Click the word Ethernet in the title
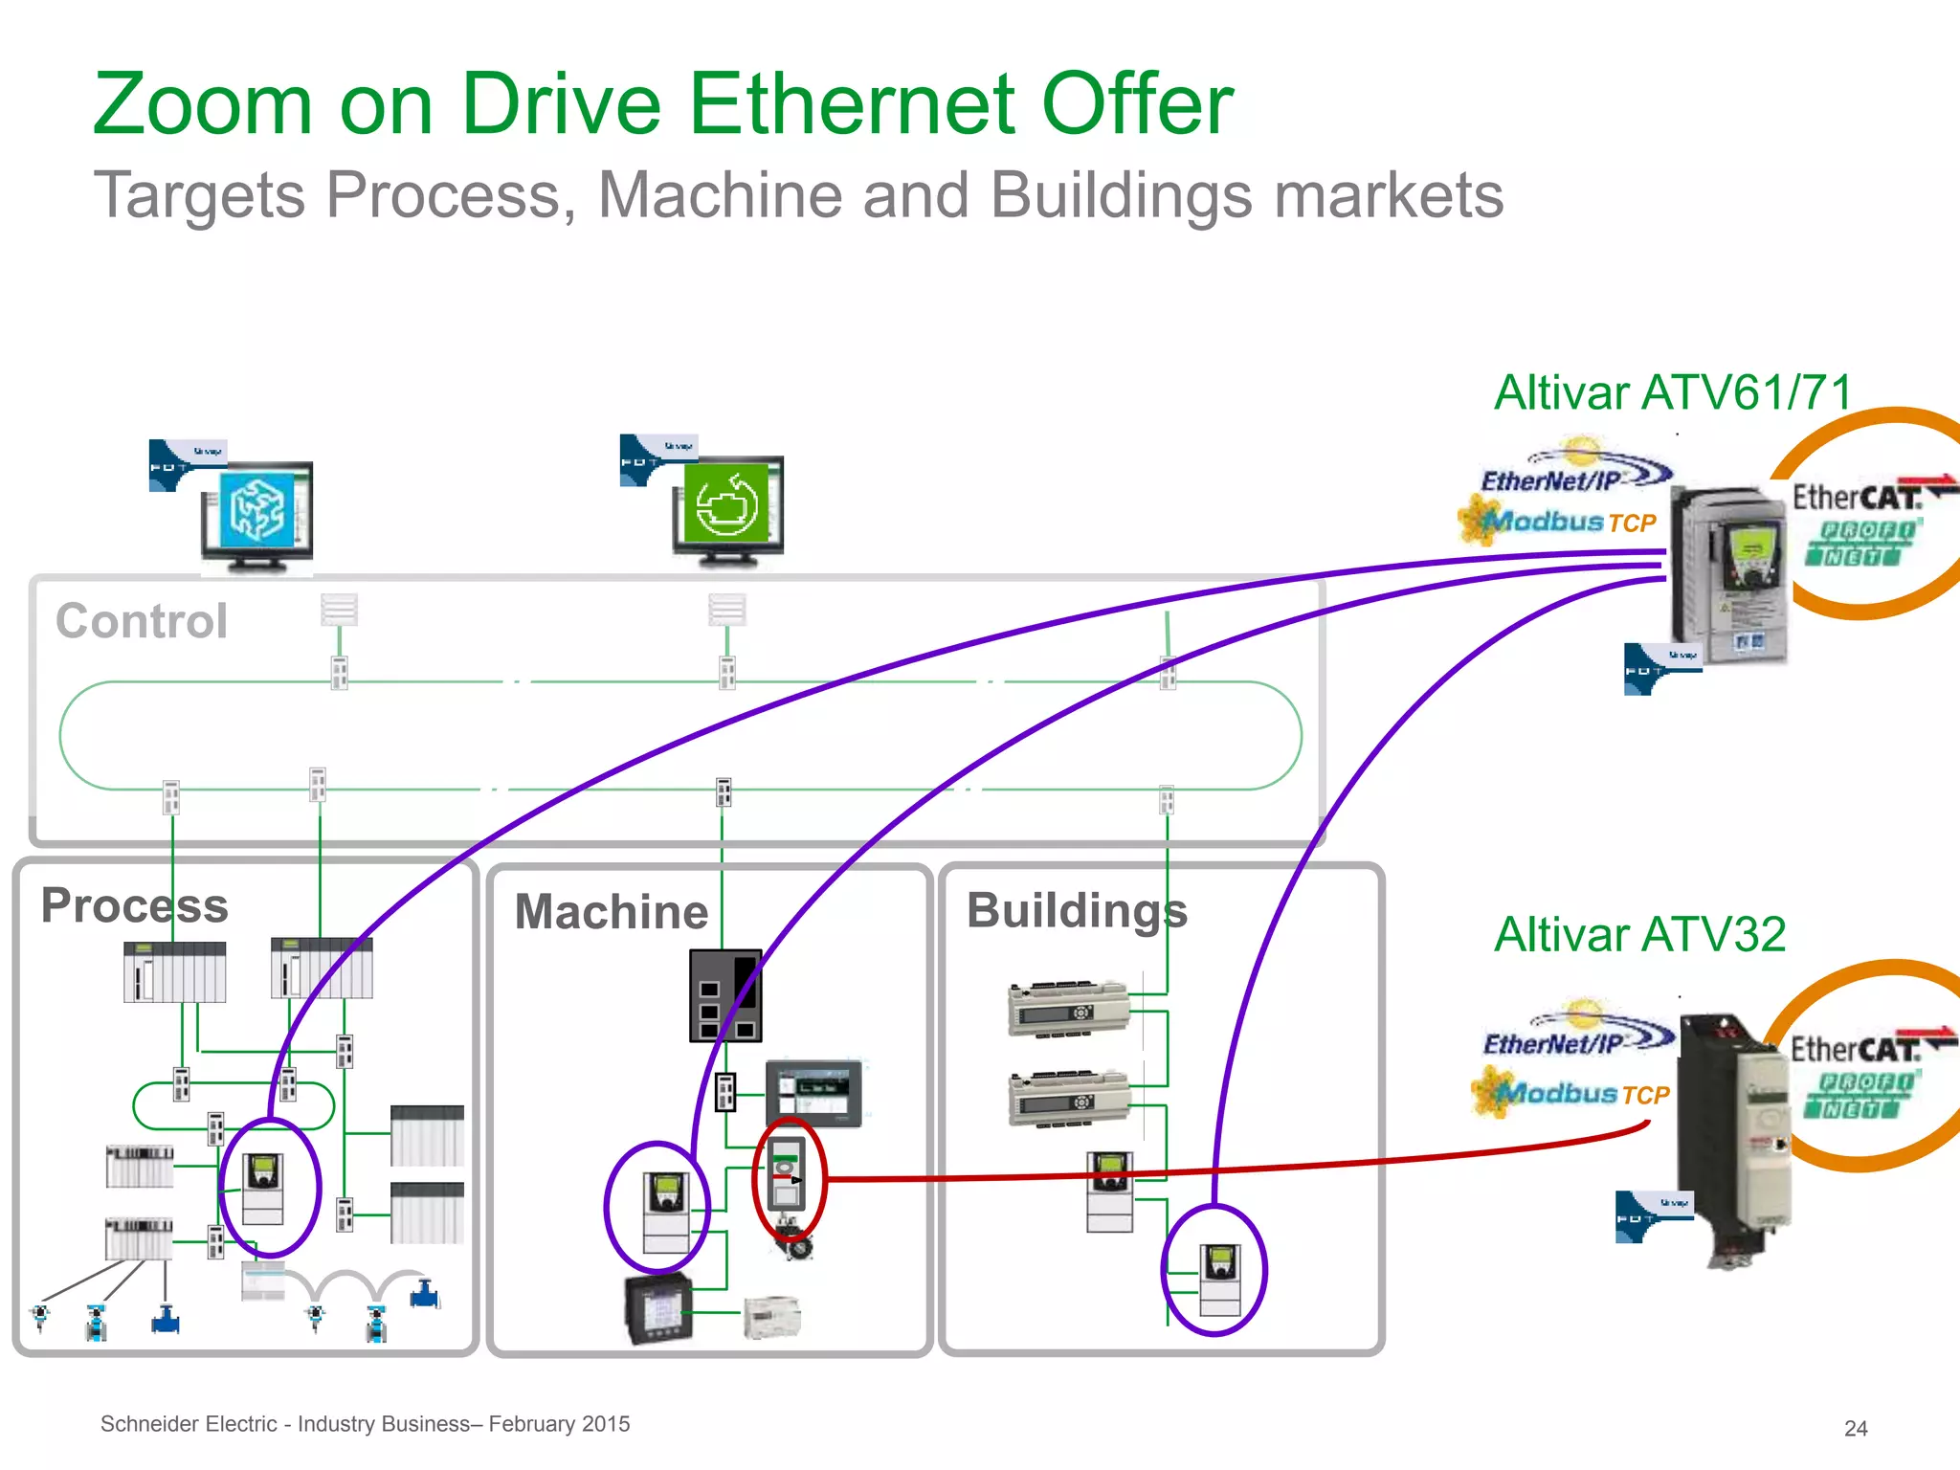point(852,105)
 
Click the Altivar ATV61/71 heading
point(1672,393)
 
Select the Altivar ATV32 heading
point(1639,935)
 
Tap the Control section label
point(142,621)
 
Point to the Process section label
point(134,905)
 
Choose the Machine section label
point(611,911)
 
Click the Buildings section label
point(1077,910)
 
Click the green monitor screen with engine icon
point(727,503)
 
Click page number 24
point(1855,1428)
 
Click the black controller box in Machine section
point(725,995)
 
